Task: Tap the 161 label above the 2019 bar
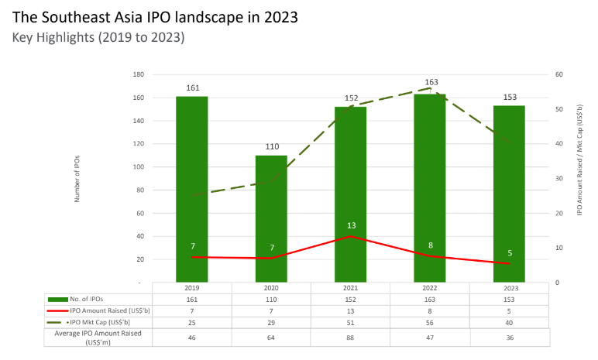click(191, 88)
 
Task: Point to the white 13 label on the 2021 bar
click(351, 225)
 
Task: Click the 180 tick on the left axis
click(139, 75)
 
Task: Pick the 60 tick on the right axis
click(558, 75)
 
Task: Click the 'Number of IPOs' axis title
click(77, 178)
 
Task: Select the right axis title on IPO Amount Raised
click(580, 179)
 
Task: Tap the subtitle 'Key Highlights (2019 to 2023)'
click(98, 36)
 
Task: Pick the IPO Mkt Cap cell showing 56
click(430, 321)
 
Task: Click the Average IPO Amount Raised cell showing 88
click(351, 337)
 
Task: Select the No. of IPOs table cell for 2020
click(271, 298)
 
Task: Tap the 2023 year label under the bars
click(509, 286)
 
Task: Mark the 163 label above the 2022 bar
click(430, 82)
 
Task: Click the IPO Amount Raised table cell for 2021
click(351, 310)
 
